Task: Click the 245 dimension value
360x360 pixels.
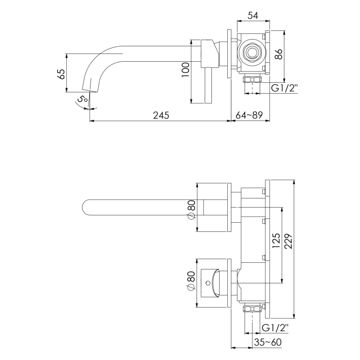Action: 160,116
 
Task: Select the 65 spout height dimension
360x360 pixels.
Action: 61,74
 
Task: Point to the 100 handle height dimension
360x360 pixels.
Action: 186,68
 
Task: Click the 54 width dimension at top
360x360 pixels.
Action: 252,15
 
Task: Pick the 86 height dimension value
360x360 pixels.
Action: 278,54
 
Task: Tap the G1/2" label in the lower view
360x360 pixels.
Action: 275,328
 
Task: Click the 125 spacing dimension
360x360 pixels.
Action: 276,241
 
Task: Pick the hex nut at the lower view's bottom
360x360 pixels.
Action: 252,310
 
